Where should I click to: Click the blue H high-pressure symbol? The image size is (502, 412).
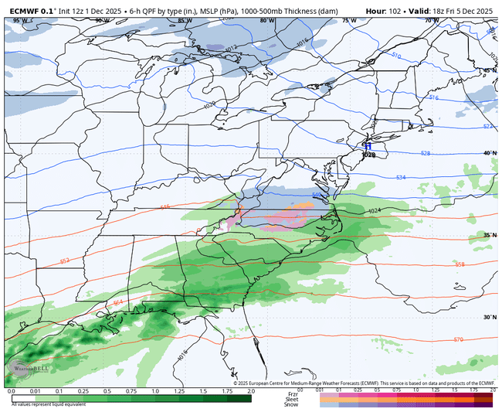(x=368, y=145)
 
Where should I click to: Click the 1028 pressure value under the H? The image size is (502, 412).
(x=368, y=155)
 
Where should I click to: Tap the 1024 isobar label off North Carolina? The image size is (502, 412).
(x=375, y=211)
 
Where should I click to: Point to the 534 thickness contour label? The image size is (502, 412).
(x=399, y=178)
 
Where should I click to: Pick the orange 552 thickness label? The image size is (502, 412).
(x=65, y=261)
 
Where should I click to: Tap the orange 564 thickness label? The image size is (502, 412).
(x=118, y=302)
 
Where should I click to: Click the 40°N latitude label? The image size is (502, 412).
(x=488, y=153)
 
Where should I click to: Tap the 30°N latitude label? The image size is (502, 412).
(x=488, y=317)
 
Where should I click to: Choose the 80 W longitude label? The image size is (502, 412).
(x=266, y=21)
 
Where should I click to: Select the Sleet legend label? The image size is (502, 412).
(x=292, y=399)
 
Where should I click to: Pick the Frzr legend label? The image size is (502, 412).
(x=292, y=393)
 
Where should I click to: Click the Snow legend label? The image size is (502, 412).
(x=292, y=405)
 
